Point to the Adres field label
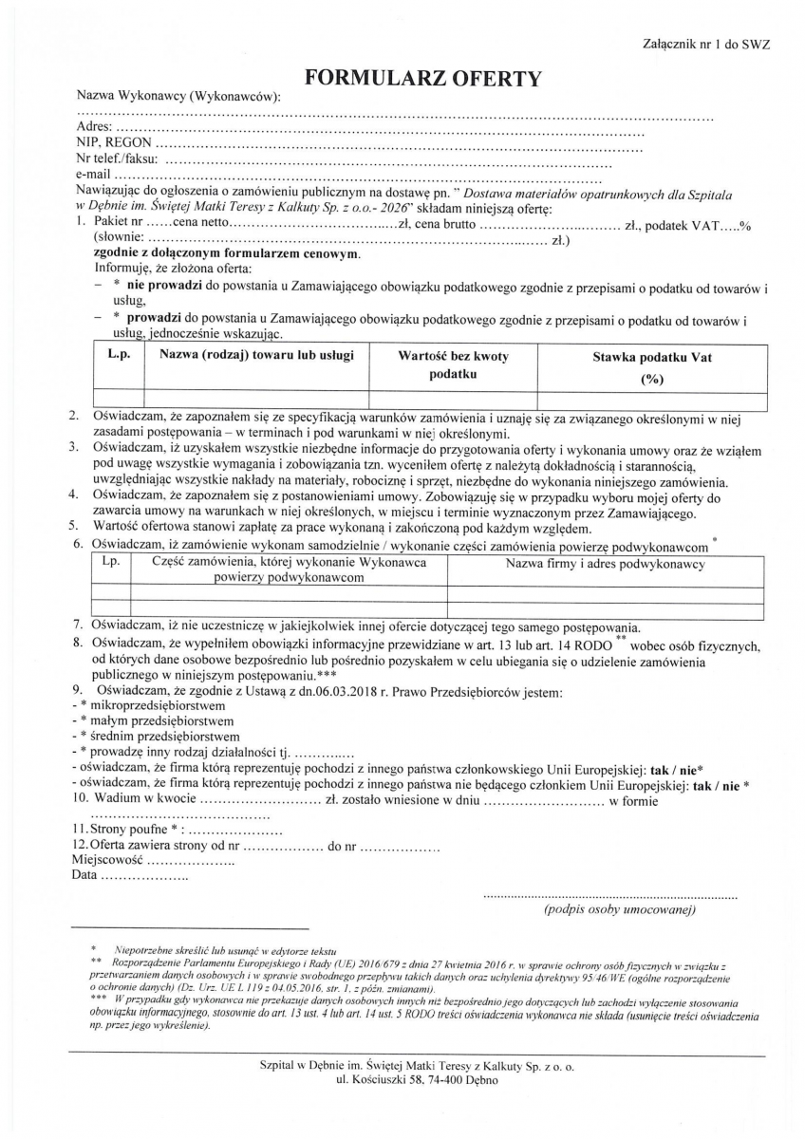(x=94, y=125)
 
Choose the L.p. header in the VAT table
(x=118, y=357)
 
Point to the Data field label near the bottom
(x=84, y=875)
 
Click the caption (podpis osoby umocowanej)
(x=619, y=910)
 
